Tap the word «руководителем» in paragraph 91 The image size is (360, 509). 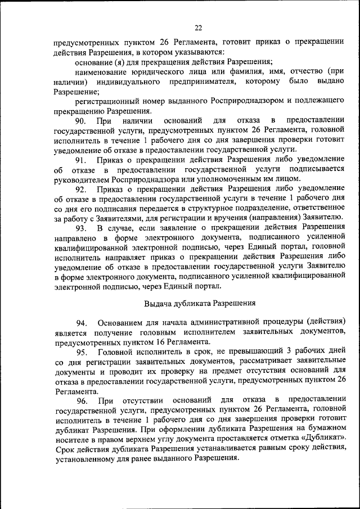(82, 179)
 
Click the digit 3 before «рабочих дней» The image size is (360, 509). (271, 352)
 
